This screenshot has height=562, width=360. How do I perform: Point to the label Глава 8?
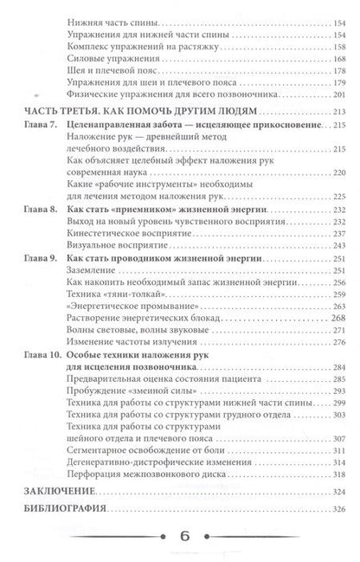[x=42, y=210]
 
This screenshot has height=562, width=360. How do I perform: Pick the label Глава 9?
[x=42, y=258]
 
